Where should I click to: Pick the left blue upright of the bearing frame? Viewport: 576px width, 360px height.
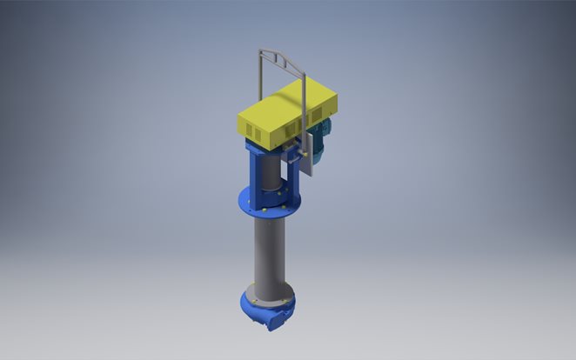click(253, 170)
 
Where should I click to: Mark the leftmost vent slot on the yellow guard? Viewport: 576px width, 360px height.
click(245, 129)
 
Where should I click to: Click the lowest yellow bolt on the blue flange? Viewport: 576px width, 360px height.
click(262, 212)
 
